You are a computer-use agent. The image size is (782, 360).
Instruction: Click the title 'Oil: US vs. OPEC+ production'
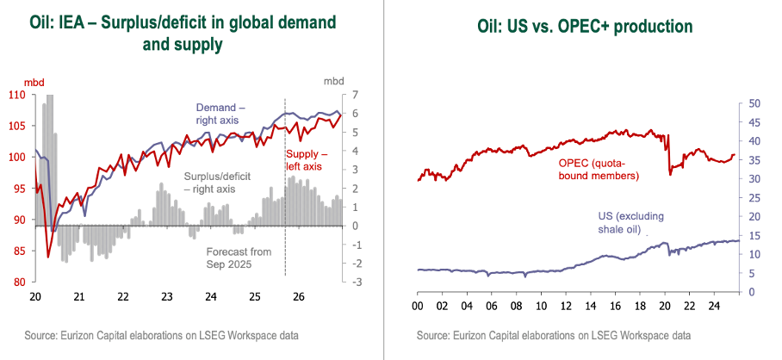(x=585, y=27)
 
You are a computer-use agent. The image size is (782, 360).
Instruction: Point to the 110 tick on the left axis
(x=16, y=95)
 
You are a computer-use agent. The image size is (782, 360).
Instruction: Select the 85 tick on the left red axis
(x=18, y=251)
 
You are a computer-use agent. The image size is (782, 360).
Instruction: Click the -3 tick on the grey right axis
(x=354, y=282)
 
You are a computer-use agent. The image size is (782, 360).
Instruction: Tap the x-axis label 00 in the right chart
(x=417, y=306)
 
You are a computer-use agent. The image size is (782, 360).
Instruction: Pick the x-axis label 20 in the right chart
(x=663, y=306)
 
